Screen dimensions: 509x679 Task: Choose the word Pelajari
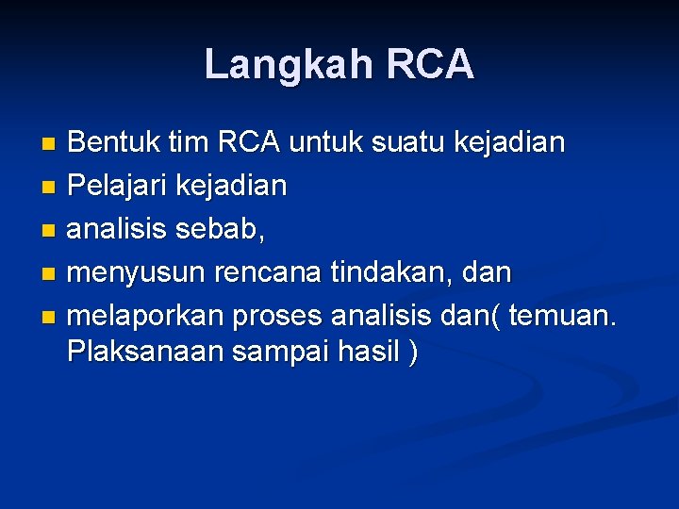pyautogui.click(x=117, y=186)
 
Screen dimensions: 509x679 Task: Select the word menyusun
pyautogui.click(x=136, y=272)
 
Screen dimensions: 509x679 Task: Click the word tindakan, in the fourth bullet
pyautogui.click(x=389, y=272)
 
